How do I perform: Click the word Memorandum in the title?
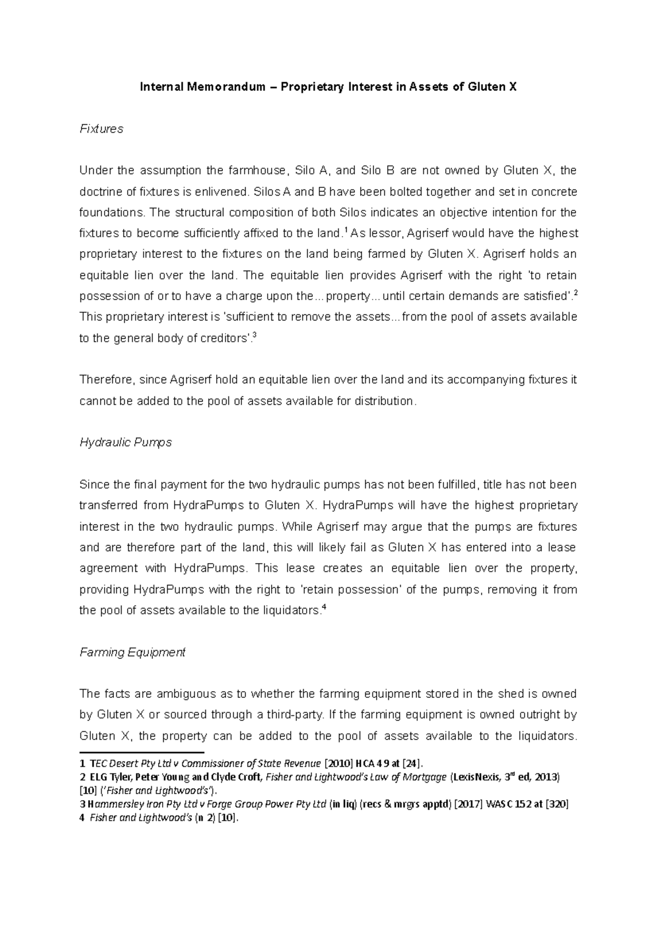click(230, 87)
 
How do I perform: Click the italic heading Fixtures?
click(101, 129)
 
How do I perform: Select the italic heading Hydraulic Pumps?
click(125, 443)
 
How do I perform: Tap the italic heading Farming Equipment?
click(132, 652)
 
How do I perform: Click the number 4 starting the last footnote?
click(82, 819)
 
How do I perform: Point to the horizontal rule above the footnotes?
click(141, 753)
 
